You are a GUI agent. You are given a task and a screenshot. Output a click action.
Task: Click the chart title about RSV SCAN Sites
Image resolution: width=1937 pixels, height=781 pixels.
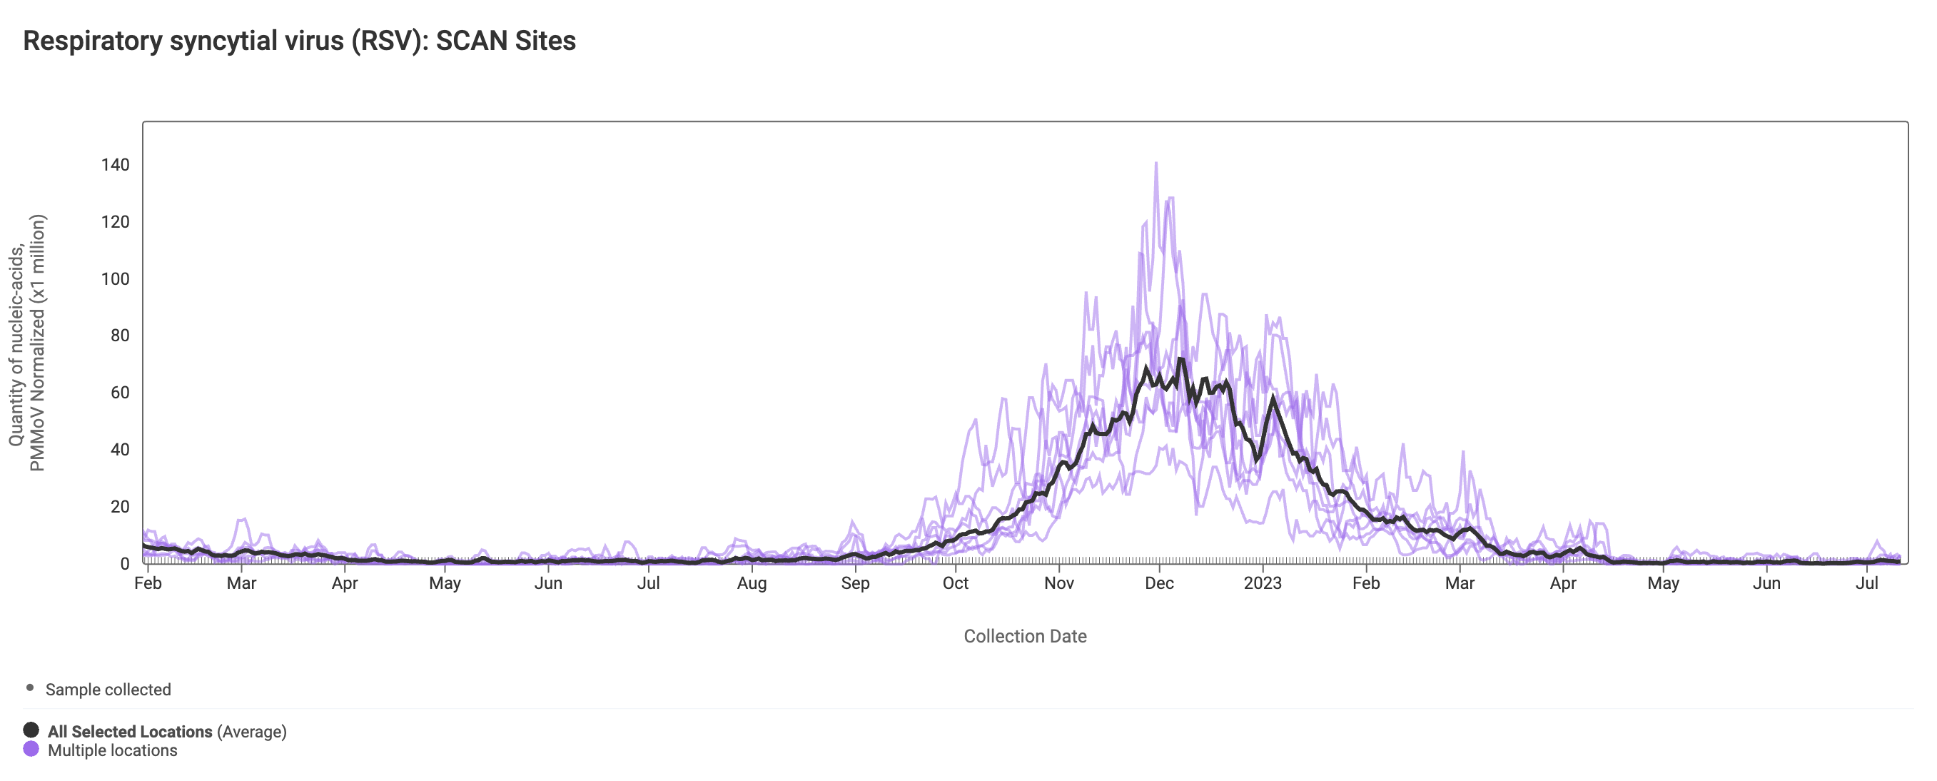pos(299,41)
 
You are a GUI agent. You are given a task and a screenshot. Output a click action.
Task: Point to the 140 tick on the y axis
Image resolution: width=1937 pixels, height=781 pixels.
pos(115,165)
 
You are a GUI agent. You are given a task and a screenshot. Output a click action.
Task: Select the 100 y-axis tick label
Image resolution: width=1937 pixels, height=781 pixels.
pos(115,279)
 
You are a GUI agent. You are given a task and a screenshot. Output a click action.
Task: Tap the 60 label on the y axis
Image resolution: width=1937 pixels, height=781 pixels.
pos(120,393)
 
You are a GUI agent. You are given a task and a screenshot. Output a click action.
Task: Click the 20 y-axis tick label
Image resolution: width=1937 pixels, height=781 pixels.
pos(120,507)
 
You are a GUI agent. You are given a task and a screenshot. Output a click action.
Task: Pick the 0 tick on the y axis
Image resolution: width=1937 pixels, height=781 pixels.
pos(125,563)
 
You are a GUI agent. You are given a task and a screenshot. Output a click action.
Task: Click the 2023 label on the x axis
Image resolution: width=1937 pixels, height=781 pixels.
pos(1262,584)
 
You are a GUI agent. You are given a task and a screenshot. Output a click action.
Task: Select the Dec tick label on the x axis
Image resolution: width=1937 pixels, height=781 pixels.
pos(1159,584)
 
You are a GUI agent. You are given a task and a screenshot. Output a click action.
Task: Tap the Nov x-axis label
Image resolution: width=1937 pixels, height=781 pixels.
pos(1058,584)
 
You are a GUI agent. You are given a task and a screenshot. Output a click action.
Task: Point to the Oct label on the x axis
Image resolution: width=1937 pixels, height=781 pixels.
pos(955,584)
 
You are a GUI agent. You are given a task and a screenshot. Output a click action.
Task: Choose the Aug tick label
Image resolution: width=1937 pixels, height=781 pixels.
pos(752,584)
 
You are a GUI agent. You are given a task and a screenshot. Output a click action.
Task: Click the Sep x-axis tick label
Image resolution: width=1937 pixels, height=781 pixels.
pos(855,584)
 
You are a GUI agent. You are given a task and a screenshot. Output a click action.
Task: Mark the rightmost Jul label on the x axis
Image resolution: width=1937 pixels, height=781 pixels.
pos(1866,584)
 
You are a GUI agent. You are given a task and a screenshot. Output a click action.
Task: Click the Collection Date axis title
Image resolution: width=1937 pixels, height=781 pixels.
pos(1025,637)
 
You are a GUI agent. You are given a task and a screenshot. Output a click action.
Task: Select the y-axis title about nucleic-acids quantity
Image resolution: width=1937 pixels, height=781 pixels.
pos(27,343)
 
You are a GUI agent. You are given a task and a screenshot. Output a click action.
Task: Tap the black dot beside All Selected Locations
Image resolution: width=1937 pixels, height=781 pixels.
pos(31,730)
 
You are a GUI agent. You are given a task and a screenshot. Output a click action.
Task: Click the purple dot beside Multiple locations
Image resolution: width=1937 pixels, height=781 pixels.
pos(31,749)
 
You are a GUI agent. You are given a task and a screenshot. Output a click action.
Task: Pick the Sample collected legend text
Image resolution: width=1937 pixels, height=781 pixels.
pos(108,690)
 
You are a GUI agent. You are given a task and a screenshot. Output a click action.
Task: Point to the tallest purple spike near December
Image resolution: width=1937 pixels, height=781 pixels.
pos(1155,164)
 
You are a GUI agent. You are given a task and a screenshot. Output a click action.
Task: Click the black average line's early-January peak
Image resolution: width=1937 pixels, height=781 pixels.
pos(1273,397)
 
